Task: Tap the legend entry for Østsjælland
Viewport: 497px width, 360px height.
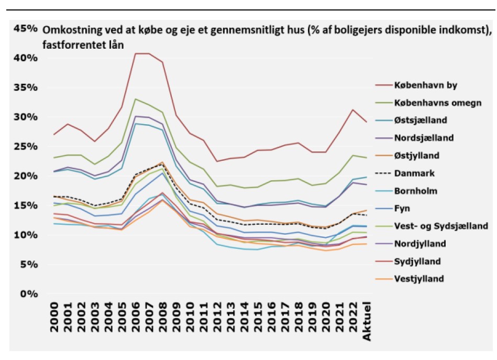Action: pos(425,121)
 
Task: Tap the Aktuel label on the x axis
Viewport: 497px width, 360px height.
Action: pos(367,320)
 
